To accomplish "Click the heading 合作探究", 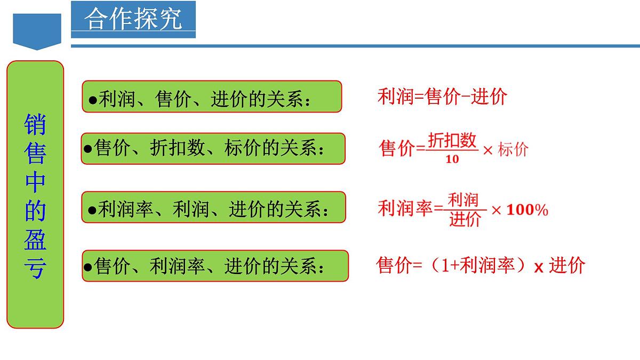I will tap(133, 19).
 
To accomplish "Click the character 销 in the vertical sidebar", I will tap(35, 125).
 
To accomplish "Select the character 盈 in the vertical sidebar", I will tap(35, 239).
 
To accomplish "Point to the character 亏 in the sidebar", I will tap(35, 268).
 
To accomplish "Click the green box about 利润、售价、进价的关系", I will tap(212, 97).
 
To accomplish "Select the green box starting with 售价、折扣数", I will tap(213, 148).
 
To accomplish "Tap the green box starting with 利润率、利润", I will tap(213, 207).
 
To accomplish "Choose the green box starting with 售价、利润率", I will tap(214, 266).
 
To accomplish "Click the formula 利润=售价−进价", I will tap(442, 97).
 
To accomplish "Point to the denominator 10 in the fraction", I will tap(452, 159).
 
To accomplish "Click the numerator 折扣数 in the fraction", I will tap(452, 140).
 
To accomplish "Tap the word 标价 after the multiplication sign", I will tap(513, 149).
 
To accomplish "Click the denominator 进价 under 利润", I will tap(465, 219).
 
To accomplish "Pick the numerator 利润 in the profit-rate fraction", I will tap(463, 200).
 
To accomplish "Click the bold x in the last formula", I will tap(539, 267).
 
